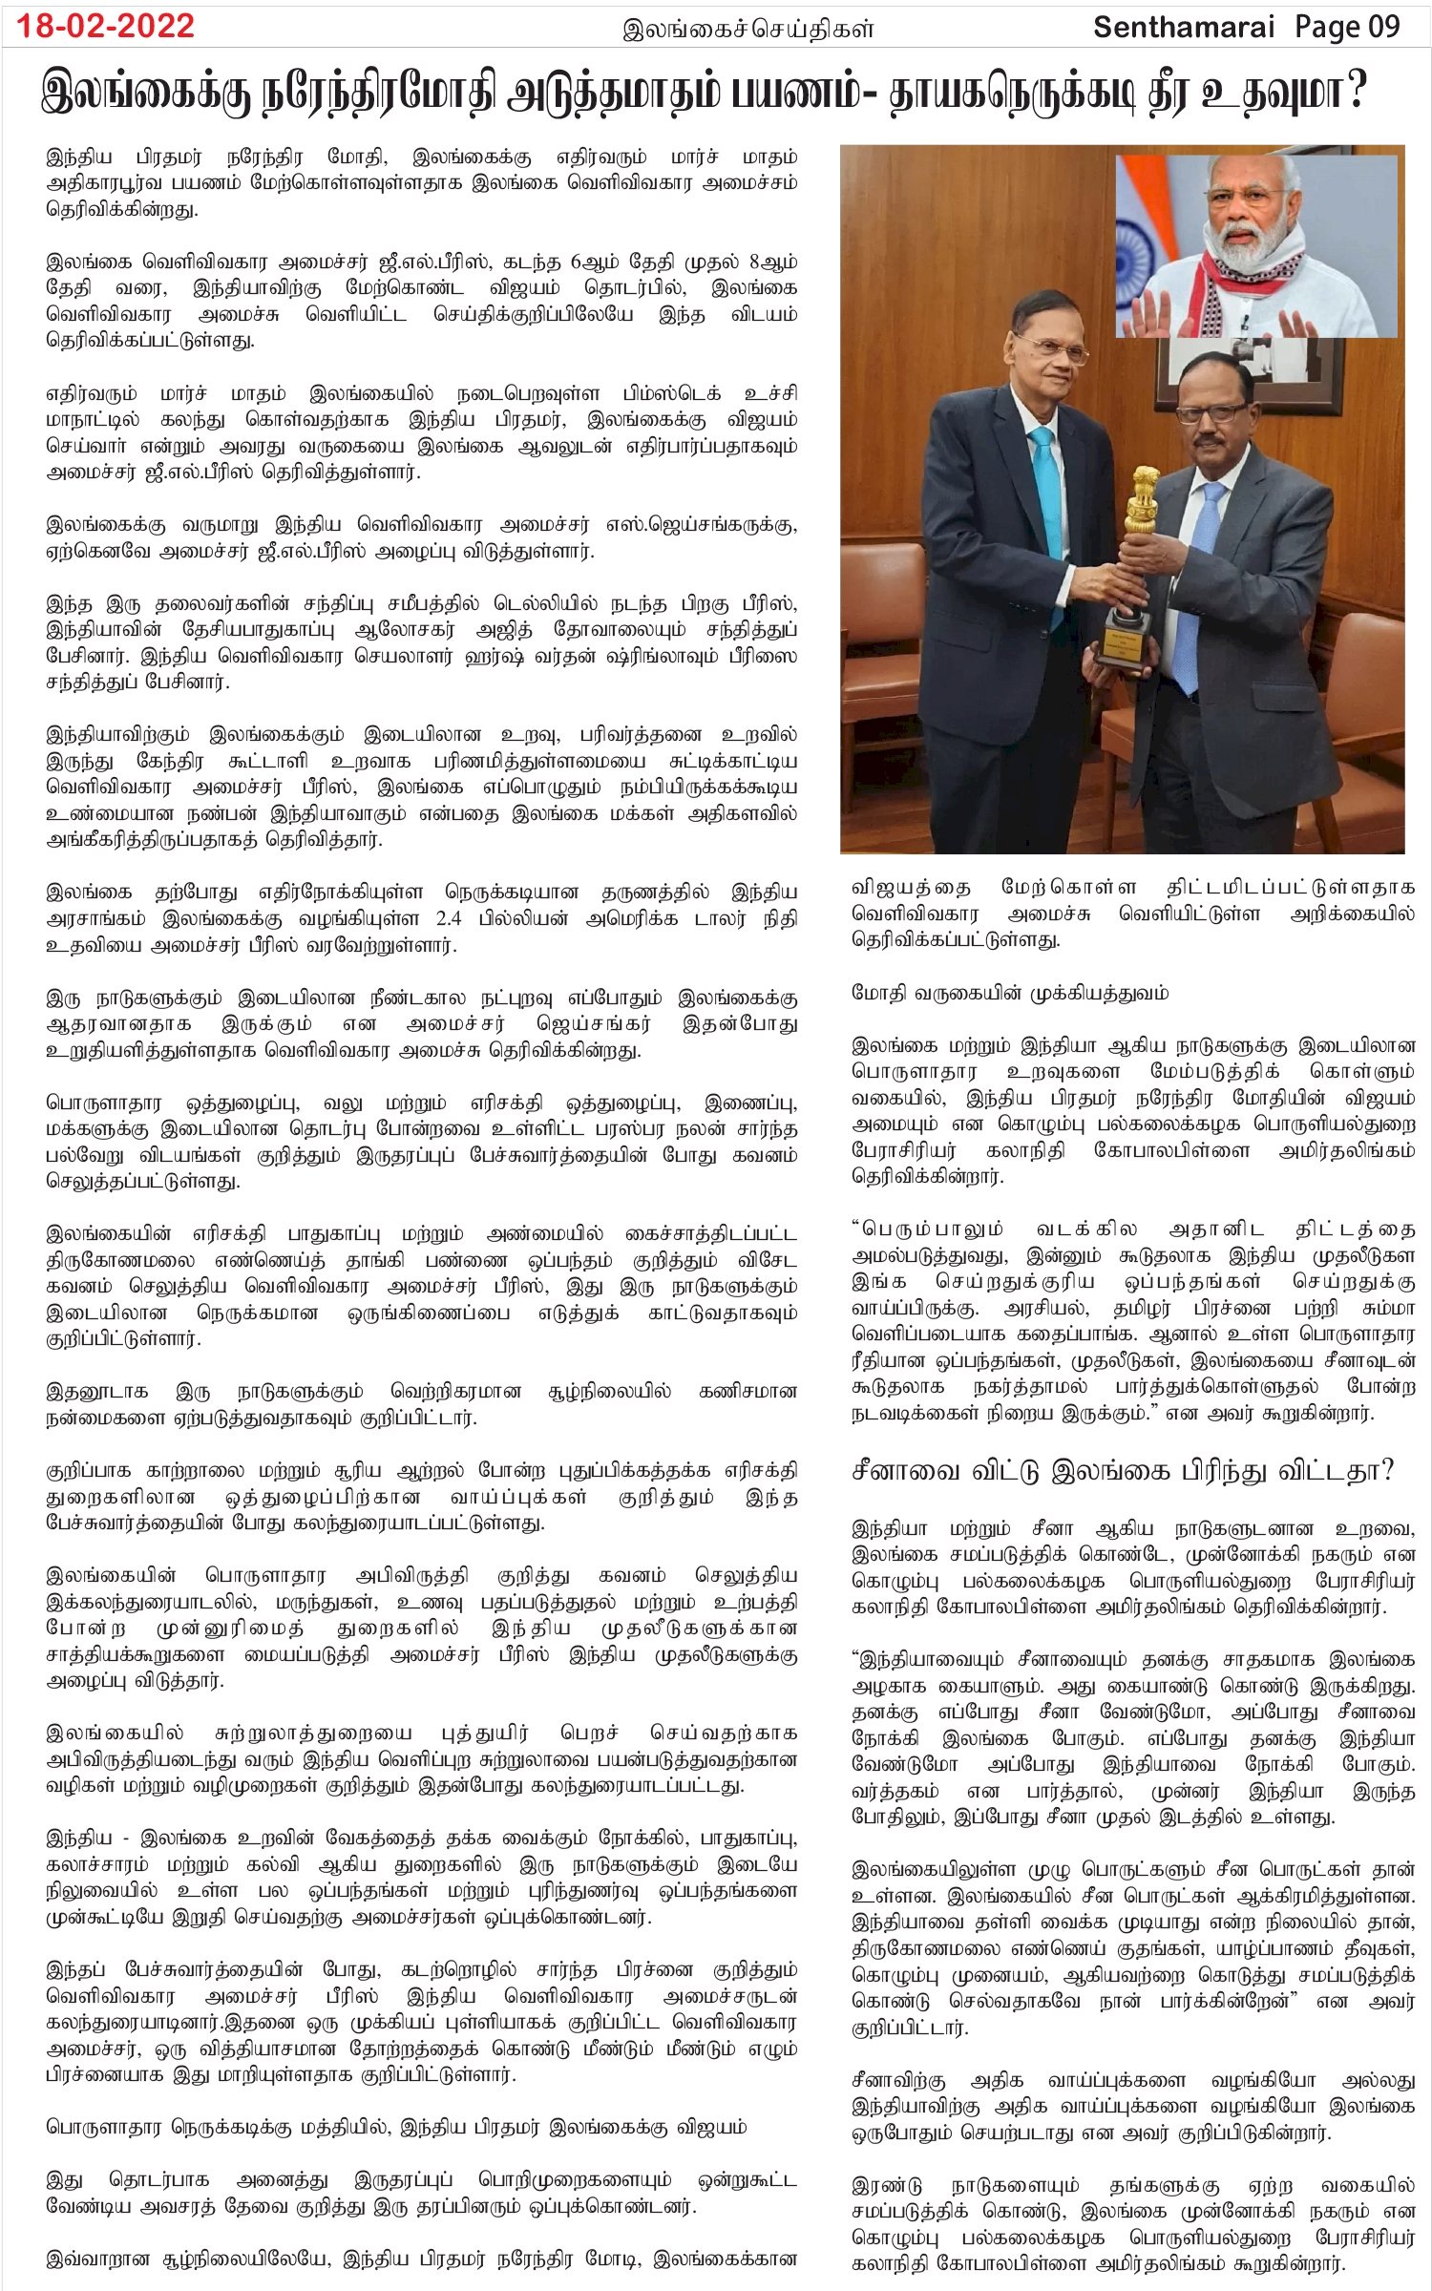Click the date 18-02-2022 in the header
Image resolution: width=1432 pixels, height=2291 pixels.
105,26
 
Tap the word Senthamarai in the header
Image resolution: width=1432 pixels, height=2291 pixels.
1183,27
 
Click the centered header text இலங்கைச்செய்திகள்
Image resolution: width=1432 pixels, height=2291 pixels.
748,29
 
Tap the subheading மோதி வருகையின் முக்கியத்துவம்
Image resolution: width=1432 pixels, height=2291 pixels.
1010,993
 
